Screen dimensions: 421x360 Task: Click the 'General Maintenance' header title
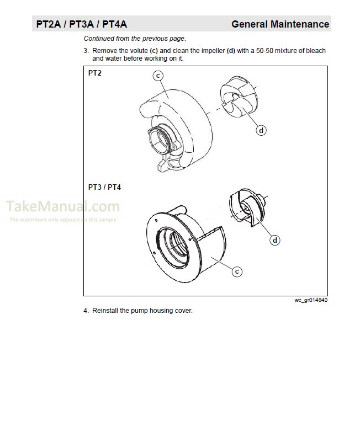pyautogui.click(x=280, y=24)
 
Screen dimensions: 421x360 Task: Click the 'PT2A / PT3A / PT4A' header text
pyautogui.click(x=81, y=24)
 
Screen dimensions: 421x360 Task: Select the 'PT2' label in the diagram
pyautogui.click(x=94, y=72)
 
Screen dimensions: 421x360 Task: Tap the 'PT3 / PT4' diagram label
pyautogui.click(x=104, y=187)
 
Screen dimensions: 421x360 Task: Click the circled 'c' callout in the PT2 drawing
pyautogui.click(x=158, y=77)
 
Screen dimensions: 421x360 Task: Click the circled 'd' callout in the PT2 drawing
pyautogui.click(x=261, y=130)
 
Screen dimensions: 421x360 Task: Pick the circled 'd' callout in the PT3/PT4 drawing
pyautogui.click(x=274, y=240)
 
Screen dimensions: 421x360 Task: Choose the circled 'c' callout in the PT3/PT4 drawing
pyautogui.click(x=236, y=271)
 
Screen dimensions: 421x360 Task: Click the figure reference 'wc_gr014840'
pyautogui.click(x=311, y=301)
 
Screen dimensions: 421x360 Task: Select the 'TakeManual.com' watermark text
pyautogui.click(x=62, y=207)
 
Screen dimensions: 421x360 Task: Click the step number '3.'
pyautogui.click(x=86, y=51)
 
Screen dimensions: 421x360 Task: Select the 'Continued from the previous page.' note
pyautogui.click(x=135, y=39)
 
